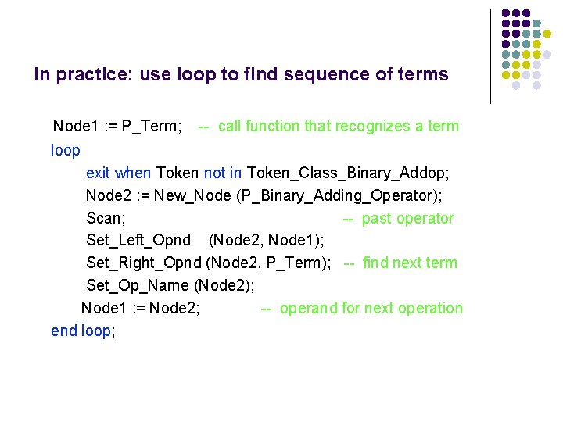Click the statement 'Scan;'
point(106,218)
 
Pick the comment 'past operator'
point(407,218)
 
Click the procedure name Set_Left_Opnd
point(138,240)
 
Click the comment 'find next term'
point(410,263)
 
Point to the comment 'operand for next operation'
point(371,308)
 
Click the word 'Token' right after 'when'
point(178,173)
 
